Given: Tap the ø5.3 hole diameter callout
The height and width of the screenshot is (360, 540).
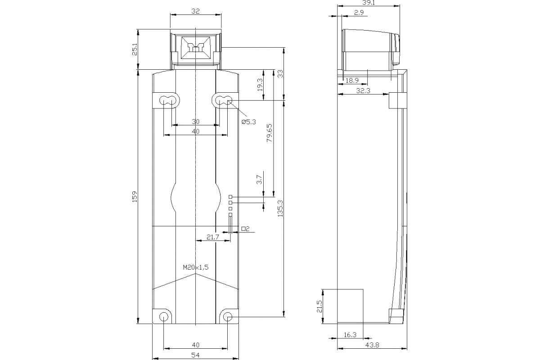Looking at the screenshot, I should [248, 121].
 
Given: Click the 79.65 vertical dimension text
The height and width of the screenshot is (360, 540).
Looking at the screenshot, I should [269, 133].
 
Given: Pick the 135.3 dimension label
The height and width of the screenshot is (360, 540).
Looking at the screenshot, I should [280, 209].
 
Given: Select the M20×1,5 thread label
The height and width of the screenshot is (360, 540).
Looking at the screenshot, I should [196, 267].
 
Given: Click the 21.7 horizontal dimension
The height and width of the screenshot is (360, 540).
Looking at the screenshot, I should [213, 237].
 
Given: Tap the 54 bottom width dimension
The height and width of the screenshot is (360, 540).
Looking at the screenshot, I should [195, 355].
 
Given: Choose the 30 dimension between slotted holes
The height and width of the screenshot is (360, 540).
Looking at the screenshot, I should [195, 121].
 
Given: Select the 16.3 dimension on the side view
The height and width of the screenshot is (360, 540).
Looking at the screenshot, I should [350, 335].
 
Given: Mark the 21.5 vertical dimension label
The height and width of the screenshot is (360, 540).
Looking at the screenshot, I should [319, 306].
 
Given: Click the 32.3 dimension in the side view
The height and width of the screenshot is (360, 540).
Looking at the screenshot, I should [363, 91].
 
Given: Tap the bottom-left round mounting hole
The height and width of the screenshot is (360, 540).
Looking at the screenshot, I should [163, 317].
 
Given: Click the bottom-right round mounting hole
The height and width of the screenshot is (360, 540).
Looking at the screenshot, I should [228, 318].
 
